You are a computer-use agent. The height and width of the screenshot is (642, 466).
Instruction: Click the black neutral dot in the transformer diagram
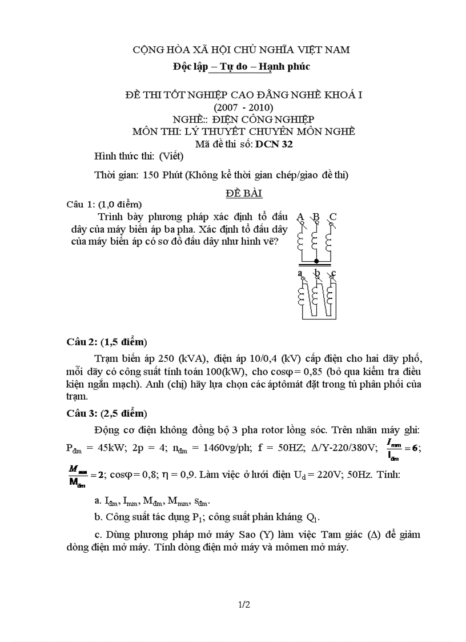pos(316,261)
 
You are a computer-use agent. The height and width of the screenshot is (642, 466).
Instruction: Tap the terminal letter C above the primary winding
pos(334,217)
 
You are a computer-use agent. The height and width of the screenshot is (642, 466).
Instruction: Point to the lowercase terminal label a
pos(300,273)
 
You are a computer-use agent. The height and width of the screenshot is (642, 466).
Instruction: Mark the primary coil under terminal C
pos(328,241)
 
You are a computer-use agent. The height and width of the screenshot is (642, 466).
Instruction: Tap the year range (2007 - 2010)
pos(243,107)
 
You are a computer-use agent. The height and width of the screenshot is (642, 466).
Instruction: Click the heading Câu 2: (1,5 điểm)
pos(107,342)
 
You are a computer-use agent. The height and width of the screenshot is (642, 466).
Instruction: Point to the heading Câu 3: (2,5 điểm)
pos(107,413)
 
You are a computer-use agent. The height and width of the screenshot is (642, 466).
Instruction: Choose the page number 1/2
pos(244,604)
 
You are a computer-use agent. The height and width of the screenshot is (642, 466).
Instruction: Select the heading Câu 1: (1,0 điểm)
pos(104,204)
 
